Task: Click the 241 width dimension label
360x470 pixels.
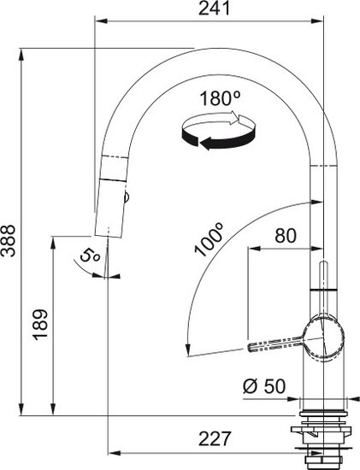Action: (x=214, y=8)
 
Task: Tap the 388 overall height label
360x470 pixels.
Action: (x=9, y=240)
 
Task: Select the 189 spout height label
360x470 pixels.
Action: (x=40, y=325)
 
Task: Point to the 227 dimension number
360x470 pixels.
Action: (x=215, y=438)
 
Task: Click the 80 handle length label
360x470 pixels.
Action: (x=286, y=236)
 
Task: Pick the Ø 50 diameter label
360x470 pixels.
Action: (x=264, y=386)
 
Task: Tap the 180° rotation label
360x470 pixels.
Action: (x=221, y=98)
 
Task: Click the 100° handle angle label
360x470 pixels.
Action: (x=210, y=239)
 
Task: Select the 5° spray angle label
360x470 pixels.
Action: (x=90, y=256)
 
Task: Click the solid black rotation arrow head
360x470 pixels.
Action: (x=207, y=144)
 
